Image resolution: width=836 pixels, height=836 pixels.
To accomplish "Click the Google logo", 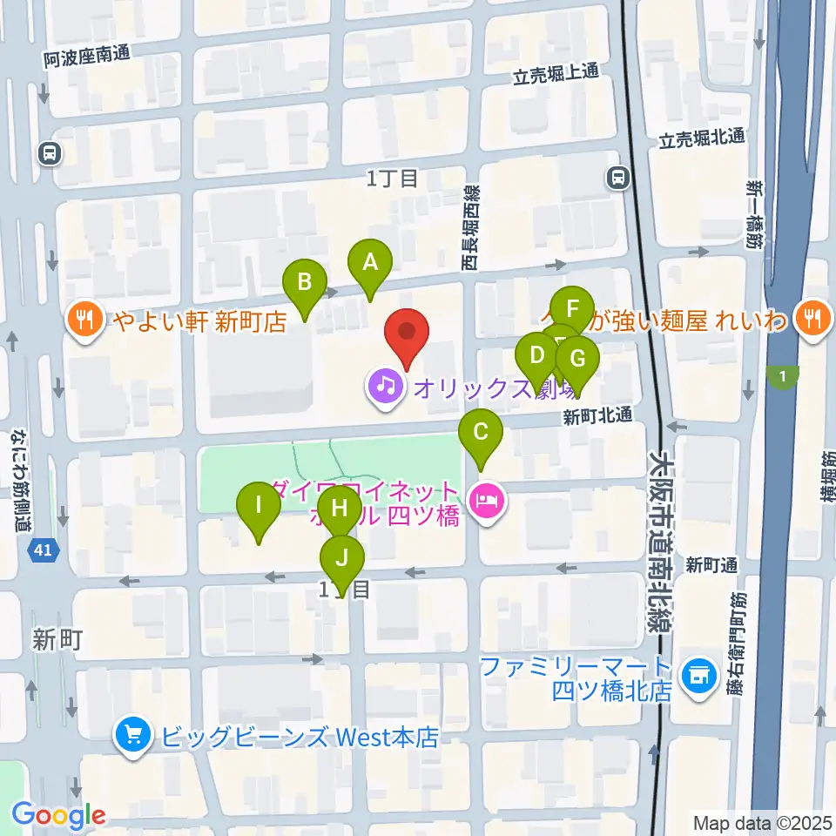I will (59, 815).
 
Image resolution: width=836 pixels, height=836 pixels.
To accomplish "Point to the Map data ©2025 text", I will (761, 822).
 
